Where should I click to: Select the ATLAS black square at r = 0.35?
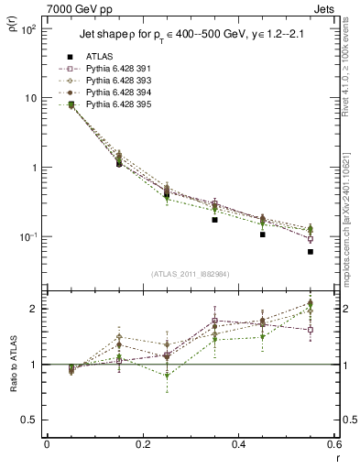click(214, 220)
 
